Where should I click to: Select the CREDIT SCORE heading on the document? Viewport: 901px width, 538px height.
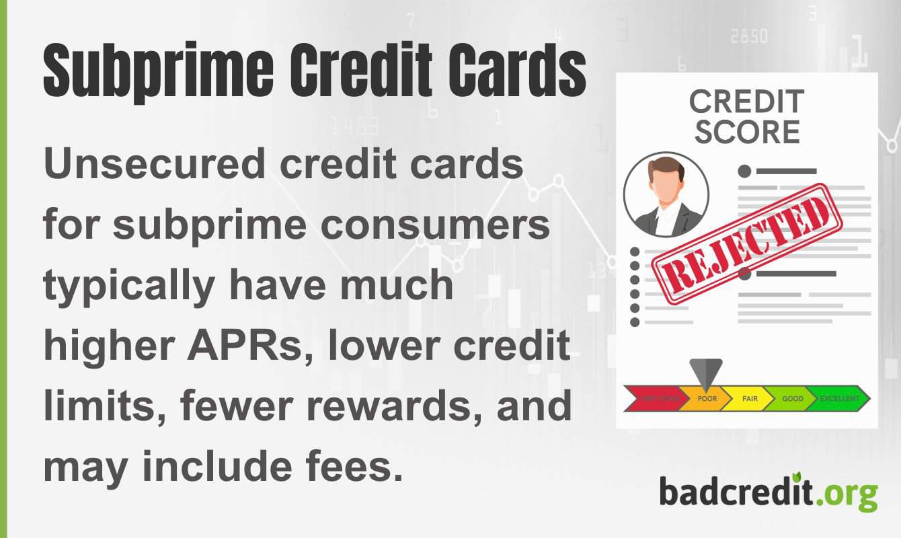pyautogui.click(x=747, y=118)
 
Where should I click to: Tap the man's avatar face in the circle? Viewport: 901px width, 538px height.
pyautogui.click(x=666, y=185)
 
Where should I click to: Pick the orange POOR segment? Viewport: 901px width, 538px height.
pyautogui.click(x=706, y=399)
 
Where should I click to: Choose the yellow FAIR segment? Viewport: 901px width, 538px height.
pyautogui.click(x=750, y=399)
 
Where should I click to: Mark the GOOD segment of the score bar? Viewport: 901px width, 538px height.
pyautogui.click(x=792, y=399)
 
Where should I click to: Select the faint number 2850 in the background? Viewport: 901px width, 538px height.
pyautogui.click(x=749, y=37)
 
